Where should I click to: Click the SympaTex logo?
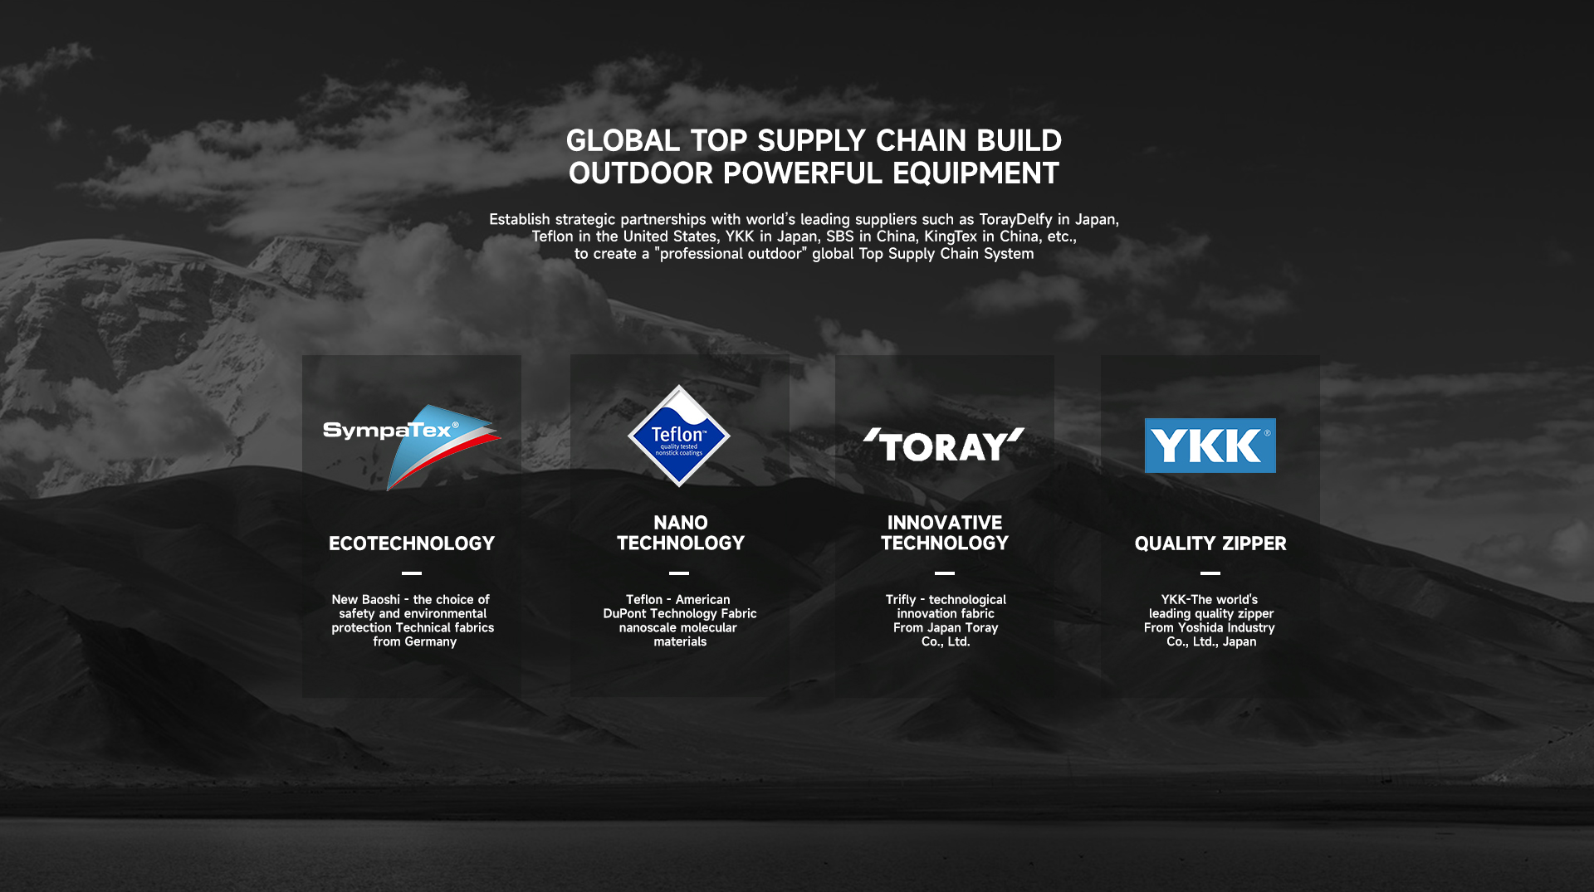tap(413, 446)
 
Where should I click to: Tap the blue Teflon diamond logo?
tap(679, 436)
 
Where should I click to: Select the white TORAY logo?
tap(944, 446)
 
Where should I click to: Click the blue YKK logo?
tap(1210, 446)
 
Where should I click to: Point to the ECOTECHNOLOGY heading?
tap(412, 543)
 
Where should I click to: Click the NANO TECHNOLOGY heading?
tap(681, 533)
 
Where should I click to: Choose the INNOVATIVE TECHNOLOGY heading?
tap(945, 533)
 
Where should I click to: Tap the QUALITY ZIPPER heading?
tap(1210, 543)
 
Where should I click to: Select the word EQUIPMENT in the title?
tap(975, 173)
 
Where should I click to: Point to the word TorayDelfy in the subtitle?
tap(1015, 219)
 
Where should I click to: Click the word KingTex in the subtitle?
tap(951, 236)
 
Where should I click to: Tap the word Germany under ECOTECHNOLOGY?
tap(431, 642)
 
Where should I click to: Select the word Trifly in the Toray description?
tap(901, 600)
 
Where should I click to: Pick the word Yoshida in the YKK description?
tap(1200, 628)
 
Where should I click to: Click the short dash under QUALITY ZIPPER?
tap(1210, 573)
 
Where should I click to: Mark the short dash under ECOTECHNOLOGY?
tap(412, 573)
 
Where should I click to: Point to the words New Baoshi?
tap(365, 600)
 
